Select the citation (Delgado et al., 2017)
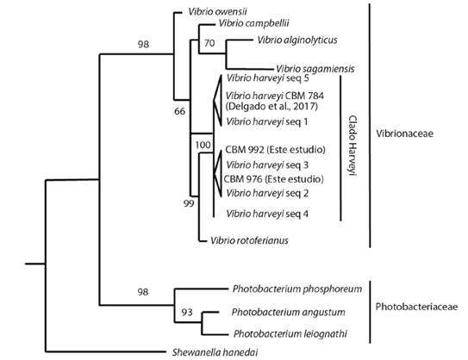point(271,107)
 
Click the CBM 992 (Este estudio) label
point(273,148)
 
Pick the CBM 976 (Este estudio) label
point(272,179)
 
